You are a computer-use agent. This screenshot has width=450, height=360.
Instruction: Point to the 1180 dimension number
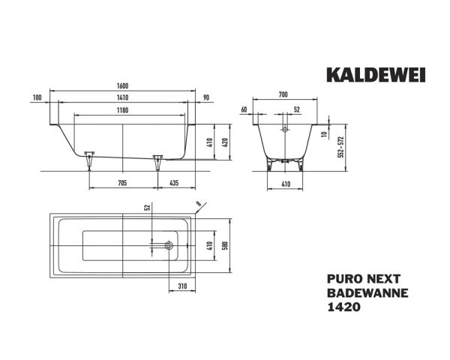[122, 110]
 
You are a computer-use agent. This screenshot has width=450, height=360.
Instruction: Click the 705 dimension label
[121, 182]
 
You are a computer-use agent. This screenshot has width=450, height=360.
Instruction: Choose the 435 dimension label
[174, 182]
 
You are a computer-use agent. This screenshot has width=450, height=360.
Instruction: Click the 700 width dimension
[282, 95]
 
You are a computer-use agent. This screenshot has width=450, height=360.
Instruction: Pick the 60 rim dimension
[244, 110]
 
